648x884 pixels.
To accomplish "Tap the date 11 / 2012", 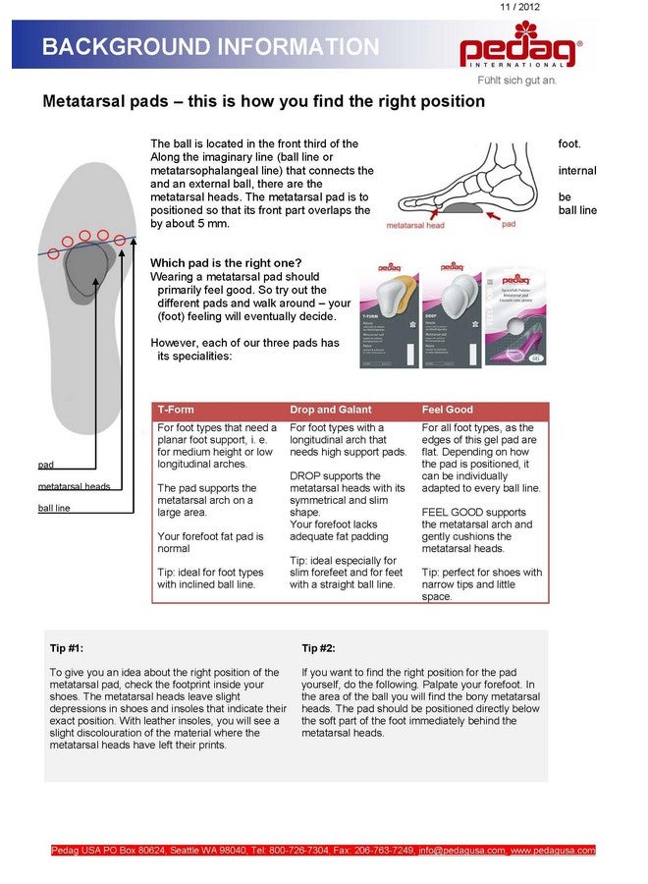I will click(519, 7).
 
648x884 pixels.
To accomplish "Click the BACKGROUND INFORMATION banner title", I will click(210, 47).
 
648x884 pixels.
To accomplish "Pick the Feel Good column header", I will click(447, 410).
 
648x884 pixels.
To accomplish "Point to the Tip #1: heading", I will click(67, 648).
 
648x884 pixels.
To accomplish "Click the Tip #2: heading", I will click(318, 648).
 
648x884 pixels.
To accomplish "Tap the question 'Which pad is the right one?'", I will click(226, 263).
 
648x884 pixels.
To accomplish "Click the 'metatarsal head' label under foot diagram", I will click(415, 225).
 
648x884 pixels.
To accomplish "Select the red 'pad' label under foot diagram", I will click(509, 224).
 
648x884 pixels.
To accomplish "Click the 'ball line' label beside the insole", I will click(54, 508).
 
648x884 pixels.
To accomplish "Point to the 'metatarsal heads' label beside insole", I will click(74, 486).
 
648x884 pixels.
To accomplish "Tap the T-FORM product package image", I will click(389, 313).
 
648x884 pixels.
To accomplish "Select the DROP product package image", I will click(451, 313).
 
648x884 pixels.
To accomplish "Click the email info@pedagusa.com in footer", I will click(462, 850).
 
